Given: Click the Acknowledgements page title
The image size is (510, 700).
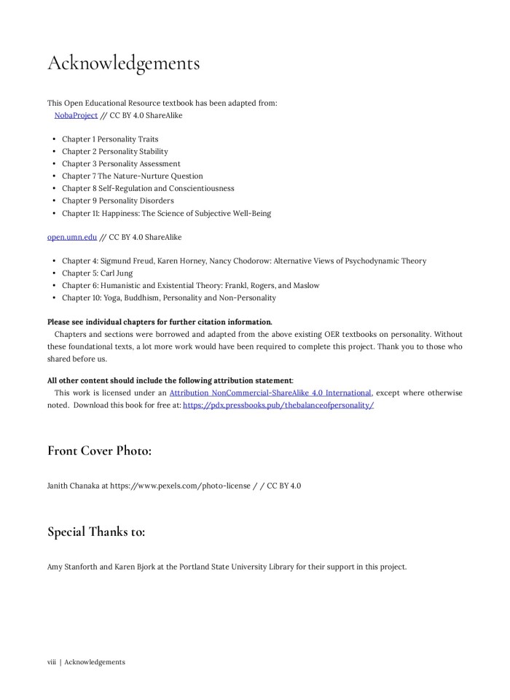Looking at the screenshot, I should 123,64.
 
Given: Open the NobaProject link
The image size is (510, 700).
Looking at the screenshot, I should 76,115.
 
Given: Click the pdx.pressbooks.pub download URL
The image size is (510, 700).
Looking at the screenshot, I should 278,405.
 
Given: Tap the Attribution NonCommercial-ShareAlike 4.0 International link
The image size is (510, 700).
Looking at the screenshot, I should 270,393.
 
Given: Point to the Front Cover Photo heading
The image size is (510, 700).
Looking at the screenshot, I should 99,451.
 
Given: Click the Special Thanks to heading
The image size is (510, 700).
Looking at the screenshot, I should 95,532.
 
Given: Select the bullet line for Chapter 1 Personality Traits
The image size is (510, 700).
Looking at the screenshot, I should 109,139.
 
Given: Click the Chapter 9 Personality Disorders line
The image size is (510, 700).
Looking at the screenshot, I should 117,201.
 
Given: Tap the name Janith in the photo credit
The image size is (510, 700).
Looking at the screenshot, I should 58,486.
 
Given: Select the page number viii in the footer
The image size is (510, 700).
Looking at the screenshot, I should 52,662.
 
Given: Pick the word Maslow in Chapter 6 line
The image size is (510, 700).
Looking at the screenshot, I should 306,286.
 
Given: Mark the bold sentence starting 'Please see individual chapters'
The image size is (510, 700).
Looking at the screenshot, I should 160,322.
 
